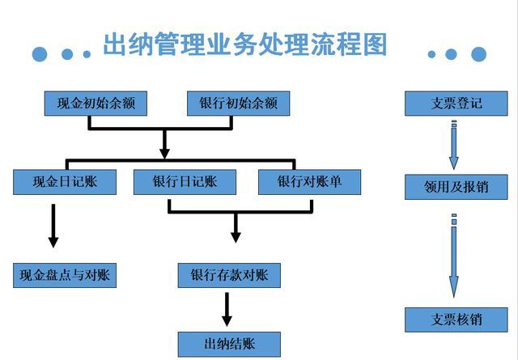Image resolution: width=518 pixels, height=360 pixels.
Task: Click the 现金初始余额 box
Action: click(x=96, y=104)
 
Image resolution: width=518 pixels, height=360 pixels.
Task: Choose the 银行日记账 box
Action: click(x=185, y=182)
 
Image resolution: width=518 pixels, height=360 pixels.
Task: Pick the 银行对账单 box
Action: click(x=309, y=182)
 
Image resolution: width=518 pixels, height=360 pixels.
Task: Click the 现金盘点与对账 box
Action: click(x=66, y=275)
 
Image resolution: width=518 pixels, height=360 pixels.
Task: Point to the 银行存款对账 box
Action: click(x=229, y=275)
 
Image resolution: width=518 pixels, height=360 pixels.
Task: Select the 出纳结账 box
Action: click(x=229, y=343)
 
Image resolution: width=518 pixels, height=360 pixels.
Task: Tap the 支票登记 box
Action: click(x=456, y=104)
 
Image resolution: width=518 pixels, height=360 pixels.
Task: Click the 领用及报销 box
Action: click(x=456, y=187)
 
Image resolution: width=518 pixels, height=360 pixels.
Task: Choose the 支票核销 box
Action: click(x=456, y=320)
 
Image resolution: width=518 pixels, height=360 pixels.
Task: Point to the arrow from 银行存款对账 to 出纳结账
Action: click(x=227, y=310)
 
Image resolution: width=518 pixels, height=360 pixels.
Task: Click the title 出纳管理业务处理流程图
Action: click(x=245, y=44)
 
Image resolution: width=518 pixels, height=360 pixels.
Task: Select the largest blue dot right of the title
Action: click(x=478, y=54)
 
